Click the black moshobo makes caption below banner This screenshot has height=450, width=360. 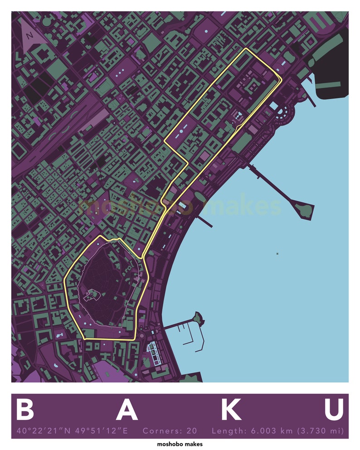point(180,444)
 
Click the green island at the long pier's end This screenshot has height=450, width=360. point(303,209)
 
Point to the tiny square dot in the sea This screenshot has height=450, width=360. point(277,253)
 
